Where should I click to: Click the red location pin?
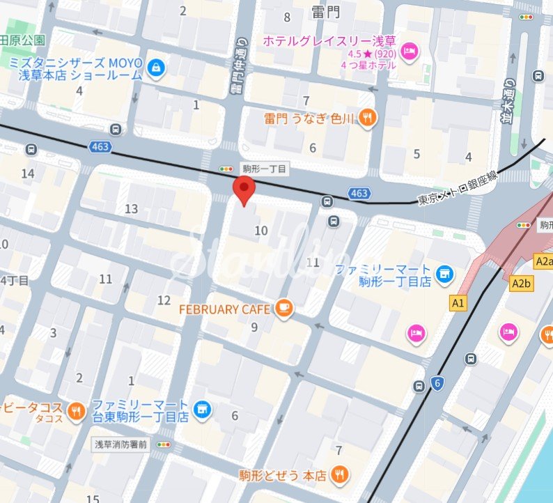point(243,190)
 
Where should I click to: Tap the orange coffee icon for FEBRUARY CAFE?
point(283,308)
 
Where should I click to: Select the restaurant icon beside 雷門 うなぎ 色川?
point(368,118)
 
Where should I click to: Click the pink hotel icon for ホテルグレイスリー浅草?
point(410,49)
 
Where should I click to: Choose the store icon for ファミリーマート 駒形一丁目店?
point(442,274)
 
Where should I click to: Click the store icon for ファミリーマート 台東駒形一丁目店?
point(203,410)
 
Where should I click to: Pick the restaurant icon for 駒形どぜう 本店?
point(339,475)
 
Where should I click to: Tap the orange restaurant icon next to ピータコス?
point(77,411)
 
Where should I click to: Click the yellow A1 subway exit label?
point(458,303)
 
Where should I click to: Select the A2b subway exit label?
point(521,283)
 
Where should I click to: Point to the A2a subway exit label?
point(543,261)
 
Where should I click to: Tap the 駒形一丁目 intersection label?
point(264,169)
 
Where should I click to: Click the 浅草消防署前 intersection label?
point(121,444)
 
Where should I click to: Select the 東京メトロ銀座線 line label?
point(458,188)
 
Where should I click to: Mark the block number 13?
point(131,209)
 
